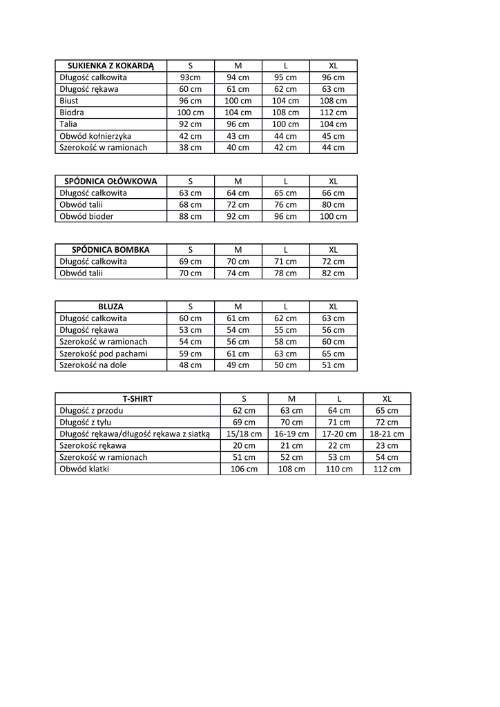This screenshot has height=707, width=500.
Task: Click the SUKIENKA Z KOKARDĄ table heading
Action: pyautogui.click(x=110, y=66)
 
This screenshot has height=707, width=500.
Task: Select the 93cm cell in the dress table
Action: pyautogui.click(x=190, y=77)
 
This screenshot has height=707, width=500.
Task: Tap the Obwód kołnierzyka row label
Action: pyautogui.click(x=95, y=136)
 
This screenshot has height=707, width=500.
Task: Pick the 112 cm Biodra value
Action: pyautogui.click(x=333, y=113)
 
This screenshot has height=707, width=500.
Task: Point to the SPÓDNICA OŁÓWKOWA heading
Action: pyautogui.click(x=110, y=182)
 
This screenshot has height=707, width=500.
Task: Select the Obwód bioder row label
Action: pyautogui.click(x=86, y=216)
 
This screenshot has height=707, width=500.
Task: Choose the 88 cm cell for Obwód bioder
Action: pyautogui.click(x=190, y=216)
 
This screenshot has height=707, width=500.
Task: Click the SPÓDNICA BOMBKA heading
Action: pyautogui.click(x=110, y=250)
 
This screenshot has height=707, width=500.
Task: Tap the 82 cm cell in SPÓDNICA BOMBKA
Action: pyautogui.click(x=333, y=273)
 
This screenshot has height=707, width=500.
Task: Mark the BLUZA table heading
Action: pyautogui.click(x=110, y=307)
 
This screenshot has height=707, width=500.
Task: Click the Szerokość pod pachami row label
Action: pyautogui.click(x=104, y=353)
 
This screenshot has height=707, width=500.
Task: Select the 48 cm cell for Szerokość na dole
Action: pyautogui.click(x=190, y=365)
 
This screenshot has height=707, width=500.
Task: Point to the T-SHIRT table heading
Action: pyautogui.click(x=137, y=398)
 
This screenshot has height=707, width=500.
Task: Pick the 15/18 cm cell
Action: pyautogui.click(x=244, y=434)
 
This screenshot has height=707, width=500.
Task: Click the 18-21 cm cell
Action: pyautogui.click(x=387, y=434)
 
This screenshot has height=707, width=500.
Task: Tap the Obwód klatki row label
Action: pyautogui.click(x=85, y=469)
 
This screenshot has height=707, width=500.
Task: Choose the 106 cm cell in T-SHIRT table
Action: pyautogui.click(x=244, y=469)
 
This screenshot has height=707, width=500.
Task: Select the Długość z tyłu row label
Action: pyautogui.click(x=86, y=422)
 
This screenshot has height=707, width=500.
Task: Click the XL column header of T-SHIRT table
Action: pyautogui.click(x=387, y=398)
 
